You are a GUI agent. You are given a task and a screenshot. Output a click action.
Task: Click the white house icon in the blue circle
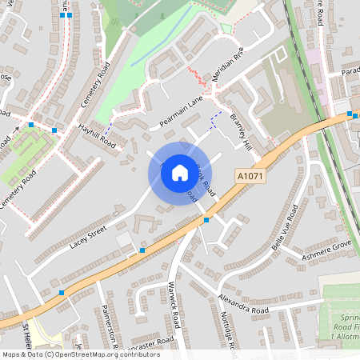click(180, 173)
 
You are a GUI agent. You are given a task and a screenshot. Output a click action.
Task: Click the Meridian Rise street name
click(226, 68)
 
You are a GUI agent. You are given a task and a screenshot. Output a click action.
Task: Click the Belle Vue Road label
click(285, 226)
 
